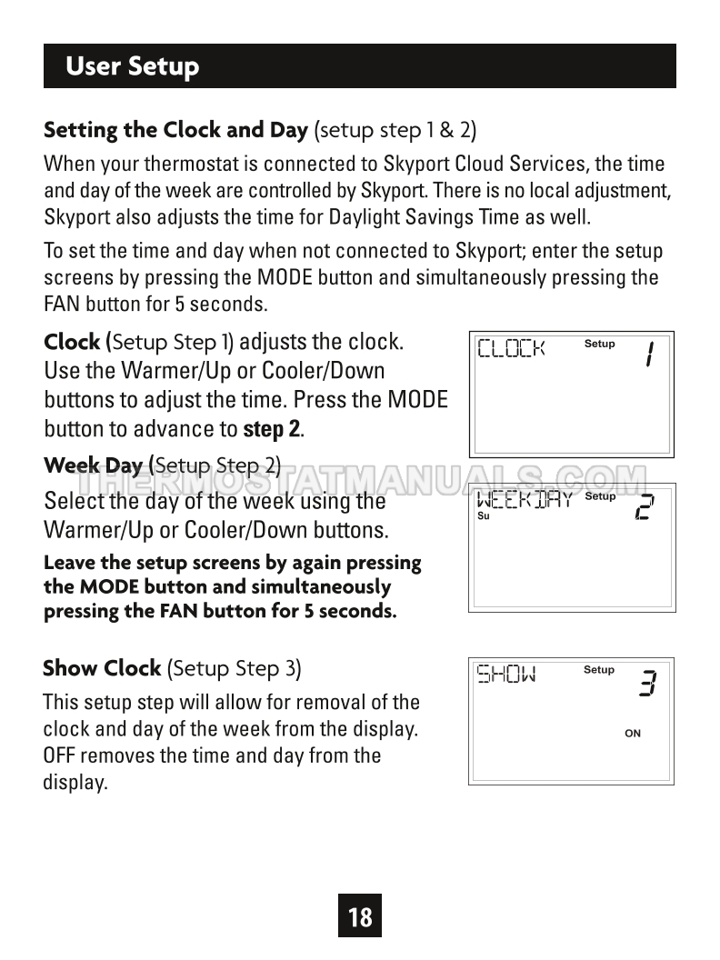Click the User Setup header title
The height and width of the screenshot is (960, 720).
(133, 66)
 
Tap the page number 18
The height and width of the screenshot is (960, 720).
(360, 916)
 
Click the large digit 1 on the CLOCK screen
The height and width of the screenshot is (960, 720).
(649, 354)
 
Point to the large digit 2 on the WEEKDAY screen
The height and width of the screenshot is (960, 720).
(644, 507)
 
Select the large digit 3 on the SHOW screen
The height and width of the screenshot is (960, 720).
(647, 683)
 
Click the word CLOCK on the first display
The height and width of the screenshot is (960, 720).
(511, 348)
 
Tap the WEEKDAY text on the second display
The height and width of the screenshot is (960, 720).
(525, 499)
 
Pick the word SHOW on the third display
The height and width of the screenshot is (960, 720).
(507, 674)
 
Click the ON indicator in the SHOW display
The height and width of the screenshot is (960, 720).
(633, 734)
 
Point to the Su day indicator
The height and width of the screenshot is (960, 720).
(484, 516)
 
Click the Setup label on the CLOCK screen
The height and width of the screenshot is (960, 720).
(599, 344)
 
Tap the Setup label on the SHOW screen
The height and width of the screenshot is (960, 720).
(599, 670)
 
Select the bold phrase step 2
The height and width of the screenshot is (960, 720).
(271, 427)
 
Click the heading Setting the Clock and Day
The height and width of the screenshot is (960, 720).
(175, 129)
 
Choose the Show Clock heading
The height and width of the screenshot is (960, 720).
(102, 668)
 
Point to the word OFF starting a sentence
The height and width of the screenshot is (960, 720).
(60, 755)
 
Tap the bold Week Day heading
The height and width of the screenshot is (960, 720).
(94, 466)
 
